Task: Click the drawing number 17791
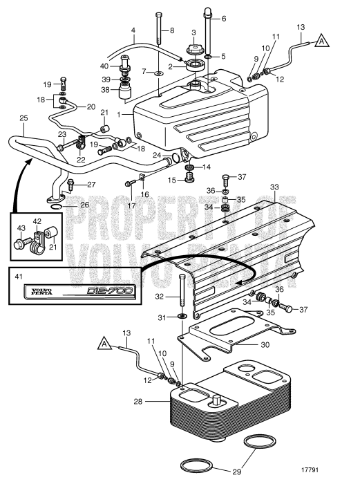[310, 470]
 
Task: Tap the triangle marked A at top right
[322, 41]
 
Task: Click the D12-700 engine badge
[79, 291]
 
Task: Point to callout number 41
[19, 277]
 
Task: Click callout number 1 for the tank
[119, 115]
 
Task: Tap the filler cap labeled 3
[193, 49]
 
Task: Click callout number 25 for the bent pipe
[23, 118]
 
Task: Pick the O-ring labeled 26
[59, 207]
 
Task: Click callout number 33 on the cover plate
[274, 187]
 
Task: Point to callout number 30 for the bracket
[265, 344]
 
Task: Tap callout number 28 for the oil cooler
[138, 402]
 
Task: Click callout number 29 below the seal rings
[236, 472]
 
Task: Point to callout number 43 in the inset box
[21, 228]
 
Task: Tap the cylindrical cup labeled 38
[125, 92]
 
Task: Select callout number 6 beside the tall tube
[224, 19]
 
